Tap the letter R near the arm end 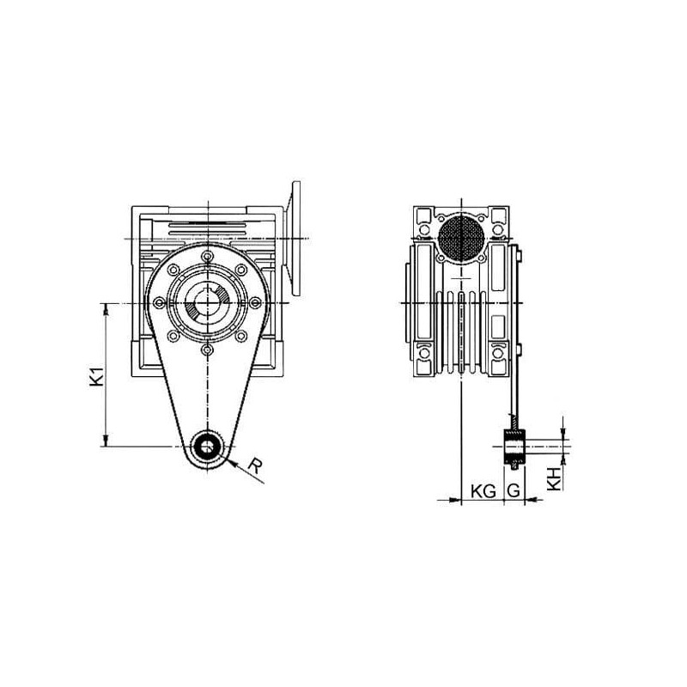(x=255, y=465)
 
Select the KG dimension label (x=483, y=491)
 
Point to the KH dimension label (x=554, y=478)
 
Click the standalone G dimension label (x=513, y=491)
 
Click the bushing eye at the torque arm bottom (x=208, y=446)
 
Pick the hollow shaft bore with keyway (x=208, y=303)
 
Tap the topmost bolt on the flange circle (x=208, y=256)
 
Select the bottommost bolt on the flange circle (x=208, y=350)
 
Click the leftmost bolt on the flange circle (x=161, y=303)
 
